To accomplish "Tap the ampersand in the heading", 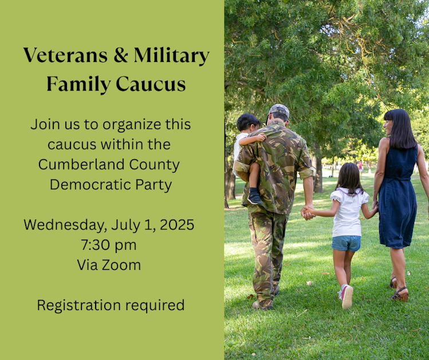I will coord(120,56).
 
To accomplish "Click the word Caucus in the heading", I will coord(151,84).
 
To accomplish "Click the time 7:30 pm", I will coord(109,245).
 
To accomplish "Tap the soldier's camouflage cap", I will coord(279,110).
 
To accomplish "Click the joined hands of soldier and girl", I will coord(308,212).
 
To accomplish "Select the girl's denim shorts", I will coord(347,243).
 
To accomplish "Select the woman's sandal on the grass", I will coord(400,295).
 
